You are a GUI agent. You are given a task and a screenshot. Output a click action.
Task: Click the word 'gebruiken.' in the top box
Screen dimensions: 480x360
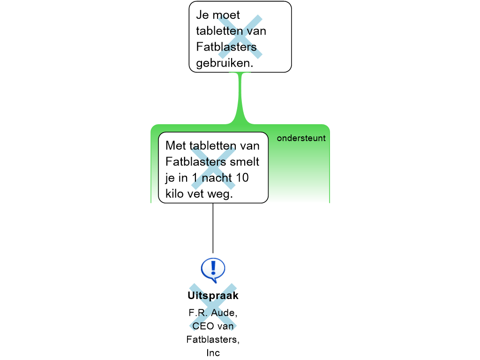(225, 63)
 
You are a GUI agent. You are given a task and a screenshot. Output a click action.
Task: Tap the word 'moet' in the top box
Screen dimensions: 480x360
(226, 15)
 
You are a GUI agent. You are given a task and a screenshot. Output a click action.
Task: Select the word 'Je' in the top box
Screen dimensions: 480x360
(202, 15)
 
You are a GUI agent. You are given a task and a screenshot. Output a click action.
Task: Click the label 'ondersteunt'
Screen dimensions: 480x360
(301, 138)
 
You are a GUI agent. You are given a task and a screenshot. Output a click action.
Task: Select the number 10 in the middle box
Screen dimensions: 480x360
(242, 178)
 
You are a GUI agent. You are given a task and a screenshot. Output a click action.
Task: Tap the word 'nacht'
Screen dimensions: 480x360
(217, 178)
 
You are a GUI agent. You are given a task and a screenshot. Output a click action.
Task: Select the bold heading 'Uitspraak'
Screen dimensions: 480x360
(213, 296)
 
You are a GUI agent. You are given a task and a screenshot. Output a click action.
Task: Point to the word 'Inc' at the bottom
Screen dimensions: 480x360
(213, 353)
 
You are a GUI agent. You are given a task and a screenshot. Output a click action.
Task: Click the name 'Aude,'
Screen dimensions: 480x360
(225, 313)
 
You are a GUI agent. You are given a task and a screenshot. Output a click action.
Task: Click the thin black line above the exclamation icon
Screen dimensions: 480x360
(213, 228)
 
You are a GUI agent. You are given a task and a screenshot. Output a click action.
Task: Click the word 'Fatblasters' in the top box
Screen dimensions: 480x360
(226, 47)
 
